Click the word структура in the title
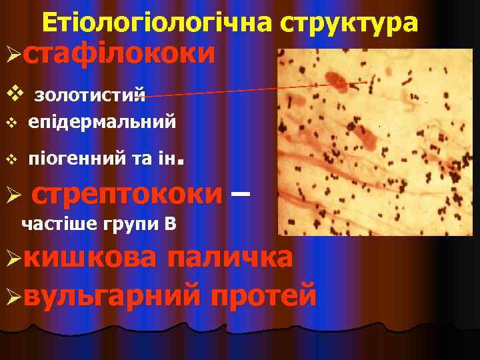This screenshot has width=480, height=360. pos(349,25)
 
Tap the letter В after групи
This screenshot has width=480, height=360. pos(171,223)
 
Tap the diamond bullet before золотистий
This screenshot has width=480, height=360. pos(8,93)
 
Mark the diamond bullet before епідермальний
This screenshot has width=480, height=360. pos(9,123)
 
